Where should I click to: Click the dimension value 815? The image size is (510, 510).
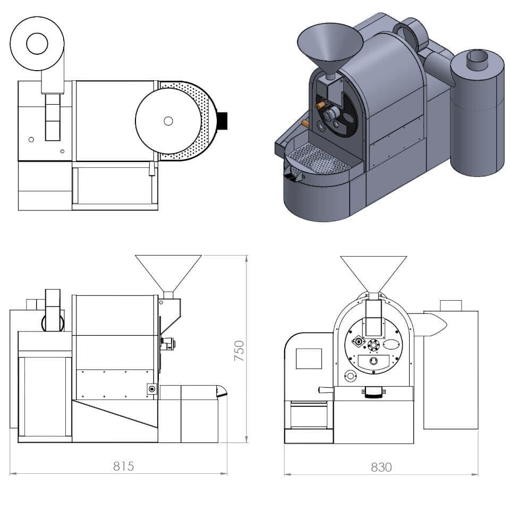click(123, 466)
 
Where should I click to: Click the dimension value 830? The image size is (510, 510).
click(381, 467)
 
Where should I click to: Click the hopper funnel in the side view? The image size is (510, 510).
click(168, 271)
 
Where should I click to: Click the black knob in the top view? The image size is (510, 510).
click(222, 121)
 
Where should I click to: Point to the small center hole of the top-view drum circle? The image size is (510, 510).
click(168, 121)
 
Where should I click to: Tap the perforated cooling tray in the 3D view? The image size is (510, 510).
click(317, 159)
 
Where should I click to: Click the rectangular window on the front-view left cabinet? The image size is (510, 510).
click(309, 359)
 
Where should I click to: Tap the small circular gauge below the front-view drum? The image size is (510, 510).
click(350, 377)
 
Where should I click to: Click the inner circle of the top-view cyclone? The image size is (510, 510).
click(37, 44)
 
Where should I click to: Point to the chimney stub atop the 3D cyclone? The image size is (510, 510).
click(477, 58)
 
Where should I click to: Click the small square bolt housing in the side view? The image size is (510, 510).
click(152, 389)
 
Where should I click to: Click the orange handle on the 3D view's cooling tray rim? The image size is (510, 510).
click(305, 123)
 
